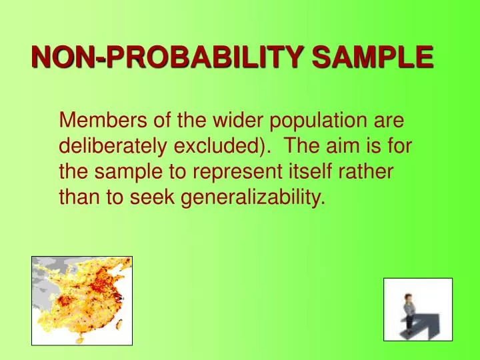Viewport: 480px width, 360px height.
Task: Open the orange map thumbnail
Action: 82,300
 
